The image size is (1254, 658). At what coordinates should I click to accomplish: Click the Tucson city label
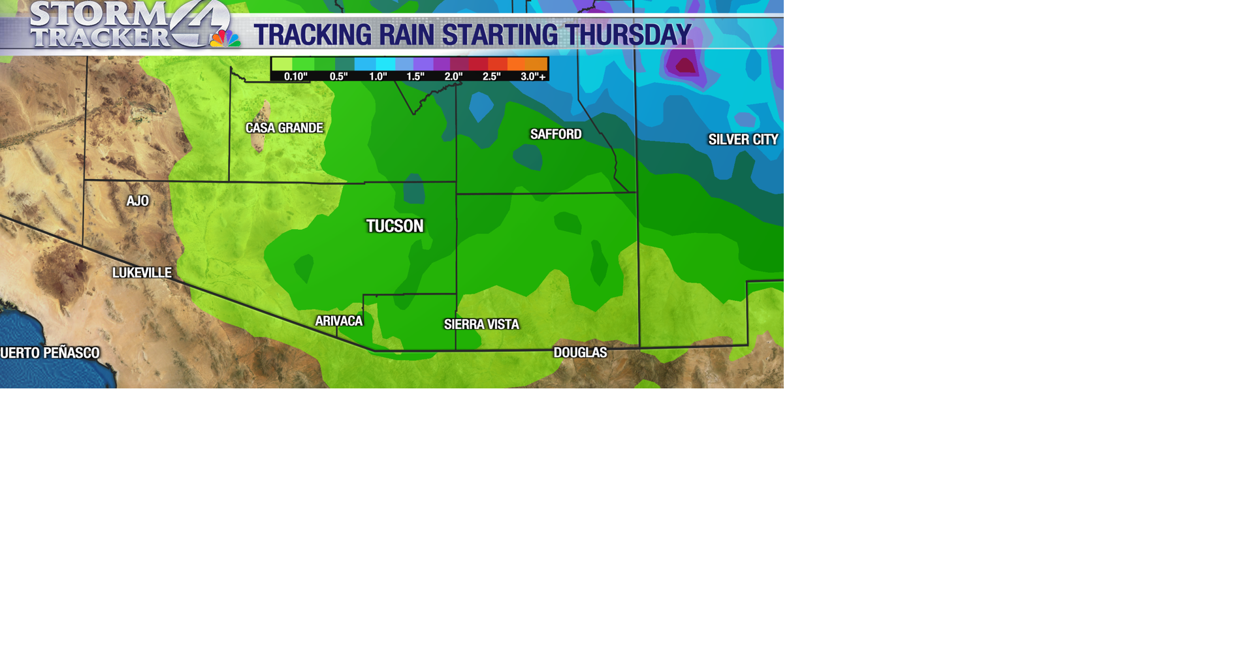[394, 226]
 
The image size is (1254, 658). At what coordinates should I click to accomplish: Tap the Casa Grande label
[284, 128]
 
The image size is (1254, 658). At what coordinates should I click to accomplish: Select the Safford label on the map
[556, 134]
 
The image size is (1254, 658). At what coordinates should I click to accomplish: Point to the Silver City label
[743, 140]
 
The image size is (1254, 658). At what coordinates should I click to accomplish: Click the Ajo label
[138, 201]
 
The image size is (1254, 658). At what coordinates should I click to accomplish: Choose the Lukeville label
[142, 273]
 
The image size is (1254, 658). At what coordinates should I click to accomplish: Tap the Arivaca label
[338, 321]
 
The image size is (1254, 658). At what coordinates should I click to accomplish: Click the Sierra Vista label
[481, 324]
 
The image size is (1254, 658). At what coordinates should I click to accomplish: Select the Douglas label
[580, 352]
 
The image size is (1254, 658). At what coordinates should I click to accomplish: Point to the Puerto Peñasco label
[50, 353]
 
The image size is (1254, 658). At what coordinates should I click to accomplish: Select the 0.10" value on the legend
[295, 76]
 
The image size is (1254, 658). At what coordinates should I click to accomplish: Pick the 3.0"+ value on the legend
[533, 76]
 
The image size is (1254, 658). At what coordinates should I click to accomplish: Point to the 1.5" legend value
[415, 76]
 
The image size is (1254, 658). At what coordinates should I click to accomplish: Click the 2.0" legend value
[453, 76]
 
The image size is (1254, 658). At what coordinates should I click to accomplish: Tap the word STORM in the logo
[98, 14]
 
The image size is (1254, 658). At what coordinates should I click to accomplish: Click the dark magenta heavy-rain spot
[685, 65]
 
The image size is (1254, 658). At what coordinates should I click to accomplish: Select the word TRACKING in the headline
[312, 35]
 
